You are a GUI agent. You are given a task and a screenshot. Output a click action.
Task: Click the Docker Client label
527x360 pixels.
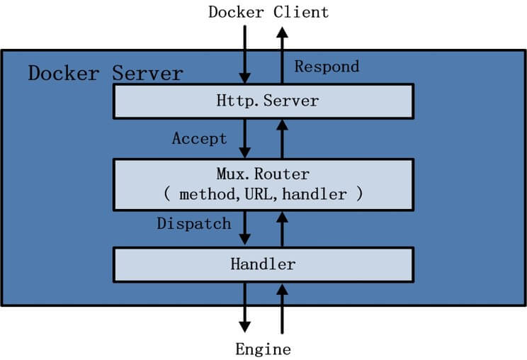268,13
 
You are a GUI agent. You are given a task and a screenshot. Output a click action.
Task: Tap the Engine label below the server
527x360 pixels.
263,349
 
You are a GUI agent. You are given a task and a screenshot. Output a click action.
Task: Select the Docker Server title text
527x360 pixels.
106,73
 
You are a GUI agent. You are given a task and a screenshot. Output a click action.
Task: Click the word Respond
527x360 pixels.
327,67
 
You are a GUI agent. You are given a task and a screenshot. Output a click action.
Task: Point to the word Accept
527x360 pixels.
200,138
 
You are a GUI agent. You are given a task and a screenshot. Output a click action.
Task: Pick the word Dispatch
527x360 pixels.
194,224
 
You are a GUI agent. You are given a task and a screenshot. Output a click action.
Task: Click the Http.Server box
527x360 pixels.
263,101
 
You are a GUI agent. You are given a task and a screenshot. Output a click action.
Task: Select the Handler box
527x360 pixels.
263,265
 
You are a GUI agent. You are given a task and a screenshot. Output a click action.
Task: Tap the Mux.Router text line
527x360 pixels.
263,174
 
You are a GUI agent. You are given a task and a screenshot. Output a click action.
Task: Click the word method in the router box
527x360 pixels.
207,195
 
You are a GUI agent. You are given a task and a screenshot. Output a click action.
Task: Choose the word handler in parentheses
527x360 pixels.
314,194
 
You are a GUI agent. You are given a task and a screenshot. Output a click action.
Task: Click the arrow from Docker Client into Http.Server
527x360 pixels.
244,55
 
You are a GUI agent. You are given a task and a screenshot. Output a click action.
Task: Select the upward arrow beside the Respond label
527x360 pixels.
282,55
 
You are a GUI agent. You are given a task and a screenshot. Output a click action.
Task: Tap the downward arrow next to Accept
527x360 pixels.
244,138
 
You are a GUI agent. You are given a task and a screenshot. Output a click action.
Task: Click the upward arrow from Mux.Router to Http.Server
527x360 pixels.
282,139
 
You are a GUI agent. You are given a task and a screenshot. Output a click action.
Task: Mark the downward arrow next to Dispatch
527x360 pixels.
244,228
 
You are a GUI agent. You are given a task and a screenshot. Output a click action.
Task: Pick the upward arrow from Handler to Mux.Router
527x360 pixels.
282,229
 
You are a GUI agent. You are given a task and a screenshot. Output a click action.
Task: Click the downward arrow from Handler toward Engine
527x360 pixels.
244,308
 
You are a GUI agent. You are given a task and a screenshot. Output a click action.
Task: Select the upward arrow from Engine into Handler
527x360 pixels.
282,309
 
